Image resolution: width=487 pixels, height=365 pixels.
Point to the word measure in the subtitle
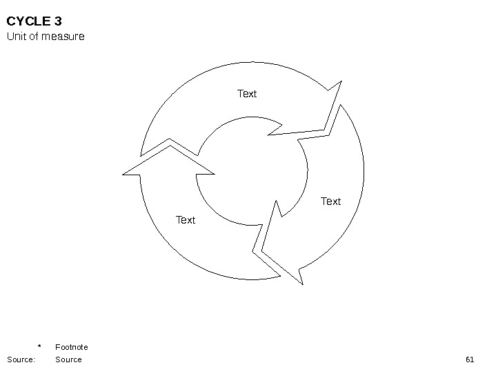pyautogui.click(x=66, y=36)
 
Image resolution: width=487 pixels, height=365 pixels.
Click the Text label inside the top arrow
pyautogui.click(x=247, y=93)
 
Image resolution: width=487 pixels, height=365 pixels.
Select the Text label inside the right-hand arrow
pyautogui.click(x=331, y=201)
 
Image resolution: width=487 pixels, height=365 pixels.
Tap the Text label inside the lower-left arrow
pyautogui.click(x=186, y=219)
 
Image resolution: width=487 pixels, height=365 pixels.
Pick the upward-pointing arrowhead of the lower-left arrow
pyautogui.click(x=168, y=163)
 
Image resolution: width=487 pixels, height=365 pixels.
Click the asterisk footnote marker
pyautogui.click(x=39, y=347)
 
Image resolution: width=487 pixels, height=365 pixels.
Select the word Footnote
pyautogui.click(x=71, y=347)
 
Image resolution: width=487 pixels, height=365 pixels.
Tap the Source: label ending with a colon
pyautogui.click(x=21, y=359)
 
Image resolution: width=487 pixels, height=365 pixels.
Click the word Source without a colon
pyautogui.click(x=68, y=359)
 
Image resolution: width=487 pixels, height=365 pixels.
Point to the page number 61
pyautogui.click(x=470, y=359)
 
